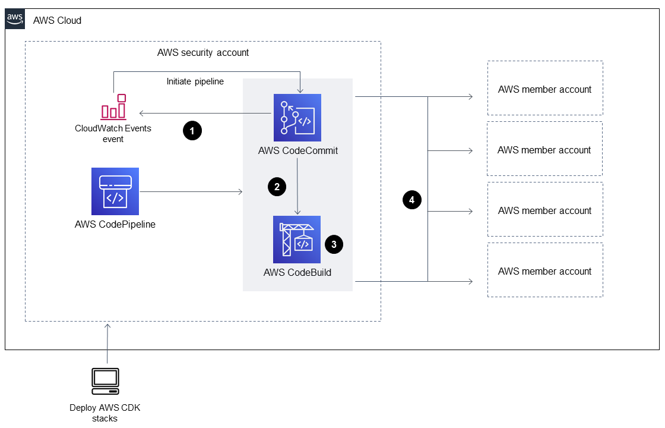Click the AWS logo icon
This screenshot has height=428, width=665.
(x=15, y=19)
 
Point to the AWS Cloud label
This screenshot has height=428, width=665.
(x=58, y=21)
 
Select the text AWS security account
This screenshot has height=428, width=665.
(x=203, y=52)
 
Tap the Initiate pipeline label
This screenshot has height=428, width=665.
(x=195, y=81)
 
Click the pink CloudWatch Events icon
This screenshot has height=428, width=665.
(x=113, y=107)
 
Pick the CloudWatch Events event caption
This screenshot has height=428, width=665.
(x=113, y=134)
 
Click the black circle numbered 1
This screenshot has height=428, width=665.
(x=192, y=131)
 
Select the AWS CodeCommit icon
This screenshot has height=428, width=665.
(x=297, y=118)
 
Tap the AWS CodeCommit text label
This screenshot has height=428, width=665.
(x=298, y=150)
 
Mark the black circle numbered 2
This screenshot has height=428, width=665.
(x=276, y=187)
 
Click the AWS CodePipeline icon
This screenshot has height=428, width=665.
(x=115, y=191)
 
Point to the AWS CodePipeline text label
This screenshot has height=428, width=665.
(x=115, y=225)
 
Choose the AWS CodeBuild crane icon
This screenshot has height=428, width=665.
(x=297, y=240)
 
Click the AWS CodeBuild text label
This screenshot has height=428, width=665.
(x=297, y=273)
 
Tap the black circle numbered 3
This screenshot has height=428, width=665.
(x=334, y=244)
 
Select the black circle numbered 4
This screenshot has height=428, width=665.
(x=411, y=200)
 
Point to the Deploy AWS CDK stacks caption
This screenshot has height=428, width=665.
(x=105, y=413)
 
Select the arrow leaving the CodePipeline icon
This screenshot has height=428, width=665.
(x=190, y=191)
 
